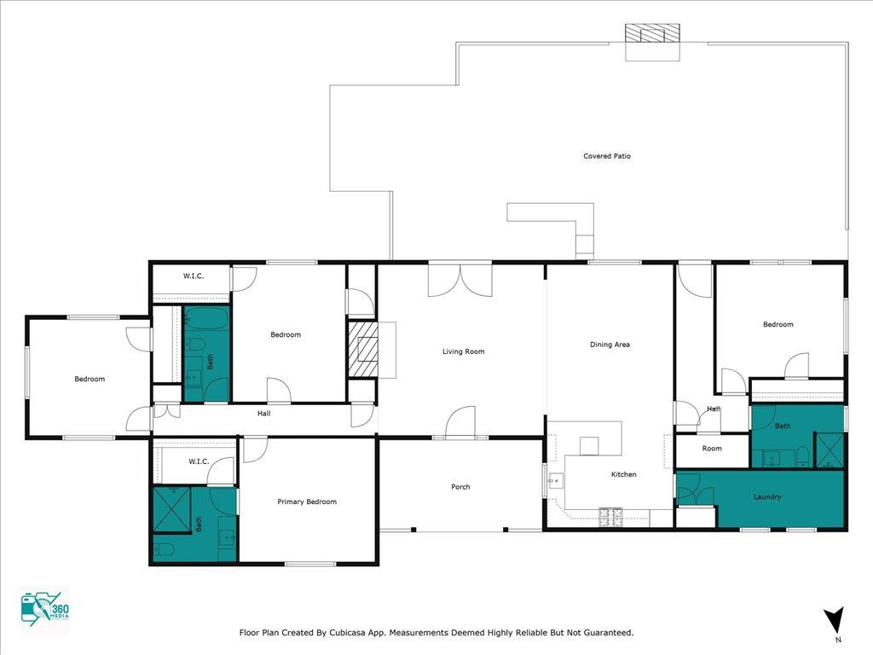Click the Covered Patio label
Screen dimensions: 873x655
(607, 156)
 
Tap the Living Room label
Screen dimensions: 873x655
(463, 351)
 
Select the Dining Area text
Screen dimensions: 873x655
(610, 345)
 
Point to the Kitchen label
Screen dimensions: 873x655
(623, 474)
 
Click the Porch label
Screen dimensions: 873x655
(460, 487)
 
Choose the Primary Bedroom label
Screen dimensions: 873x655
(307, 501)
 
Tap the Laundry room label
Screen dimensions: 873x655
(767, 497)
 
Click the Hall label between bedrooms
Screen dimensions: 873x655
(264, 414)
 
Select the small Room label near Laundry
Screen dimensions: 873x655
(712, 449)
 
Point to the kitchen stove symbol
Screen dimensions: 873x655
(610, 517)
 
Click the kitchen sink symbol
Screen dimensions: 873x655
(555, 481)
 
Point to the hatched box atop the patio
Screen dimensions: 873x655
(652, 33)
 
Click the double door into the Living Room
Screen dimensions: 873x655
(460, 280)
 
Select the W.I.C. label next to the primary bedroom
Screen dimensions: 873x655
(199, 461)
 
